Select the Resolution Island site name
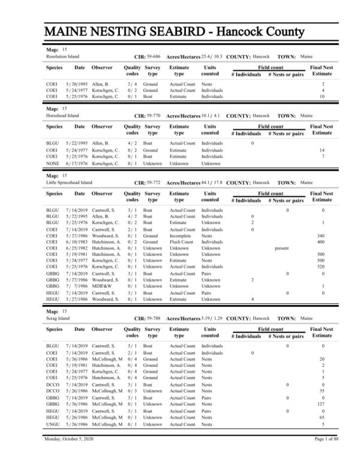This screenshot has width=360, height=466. (x=62, y=56)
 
